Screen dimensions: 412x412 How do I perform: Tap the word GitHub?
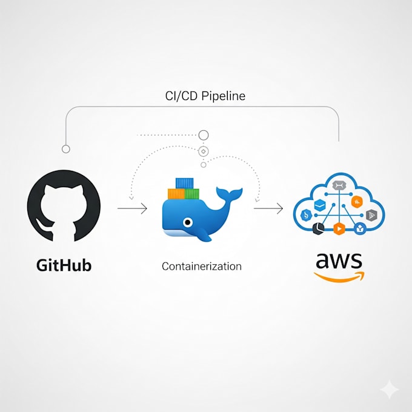[x=64, y=265]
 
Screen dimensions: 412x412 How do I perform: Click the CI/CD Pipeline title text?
[x=205, y=96]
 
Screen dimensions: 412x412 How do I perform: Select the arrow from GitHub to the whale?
[x=131, y=209]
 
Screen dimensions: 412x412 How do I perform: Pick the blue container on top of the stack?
[x=184, y=183]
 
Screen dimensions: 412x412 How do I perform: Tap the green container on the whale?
[x=191, y=194]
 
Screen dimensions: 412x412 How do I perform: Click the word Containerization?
[x=202, y=266]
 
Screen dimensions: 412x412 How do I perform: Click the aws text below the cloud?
[x=338, y=262]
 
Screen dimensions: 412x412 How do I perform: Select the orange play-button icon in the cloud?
[x=339, y=228]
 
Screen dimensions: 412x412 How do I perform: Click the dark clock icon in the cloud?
[x=319, y=228]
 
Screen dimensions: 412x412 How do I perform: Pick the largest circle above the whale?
[x=204, y=135]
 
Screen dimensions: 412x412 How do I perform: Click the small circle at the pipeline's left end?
[x=66, y=148]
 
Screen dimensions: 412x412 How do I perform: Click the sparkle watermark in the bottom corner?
[x=390, y=390]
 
